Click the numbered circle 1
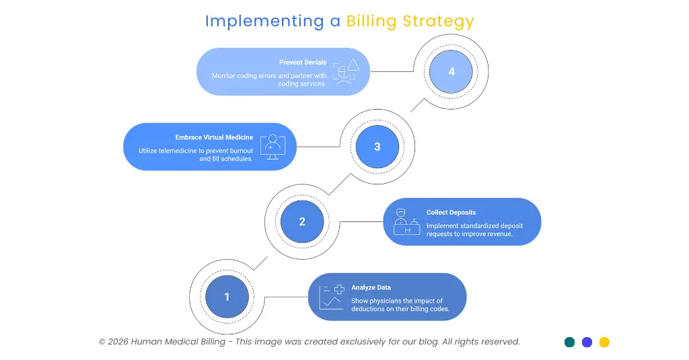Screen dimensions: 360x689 (x=227, y=297)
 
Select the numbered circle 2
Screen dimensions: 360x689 (x=302, y=221)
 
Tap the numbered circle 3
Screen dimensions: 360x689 (x=377, y=147)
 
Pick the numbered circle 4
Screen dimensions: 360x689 (x=451, y=71)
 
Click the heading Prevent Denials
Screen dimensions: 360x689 (x=303, y=63)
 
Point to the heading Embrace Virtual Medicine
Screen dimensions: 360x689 (x=214, y=137)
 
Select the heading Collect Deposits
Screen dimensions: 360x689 (x=451, y=213)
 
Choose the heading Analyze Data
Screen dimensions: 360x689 (x=371, y=287)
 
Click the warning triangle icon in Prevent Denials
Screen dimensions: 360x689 (x=353, y=65)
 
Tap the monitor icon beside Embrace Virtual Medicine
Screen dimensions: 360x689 (x=272, y=147)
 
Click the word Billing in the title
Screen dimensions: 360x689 (x=372, y=21)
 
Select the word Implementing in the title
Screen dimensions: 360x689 (x=264, y=21)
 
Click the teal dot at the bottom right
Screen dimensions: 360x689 (x=569, y=342)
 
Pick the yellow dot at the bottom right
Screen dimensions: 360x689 (x=604, y=342)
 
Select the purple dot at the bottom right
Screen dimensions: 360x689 (x=587, y=342)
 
